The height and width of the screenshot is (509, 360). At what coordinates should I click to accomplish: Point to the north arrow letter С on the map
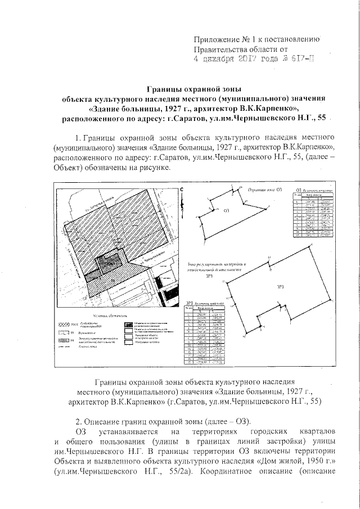(182, 191)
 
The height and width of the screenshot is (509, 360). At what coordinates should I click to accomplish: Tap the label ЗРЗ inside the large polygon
(280, 286)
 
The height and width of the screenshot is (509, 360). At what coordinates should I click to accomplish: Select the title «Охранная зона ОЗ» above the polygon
(264, 190)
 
